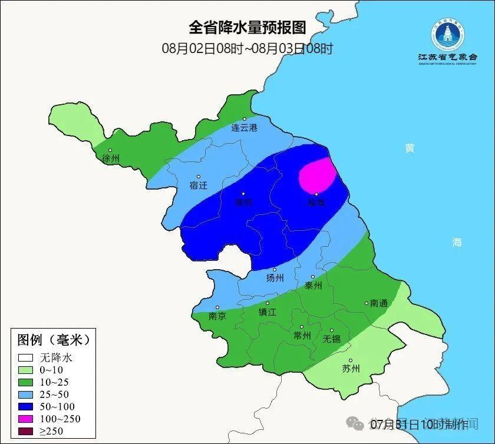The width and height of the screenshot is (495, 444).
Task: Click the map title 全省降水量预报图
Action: click(247, 28)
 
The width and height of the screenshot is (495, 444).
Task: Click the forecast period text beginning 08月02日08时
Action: click(247, 48)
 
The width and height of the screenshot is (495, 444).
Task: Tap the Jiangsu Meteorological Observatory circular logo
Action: click(448, 35)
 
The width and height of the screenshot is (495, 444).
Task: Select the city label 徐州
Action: click(111, 158)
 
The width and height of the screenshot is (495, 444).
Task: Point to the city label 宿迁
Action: click(199, 185)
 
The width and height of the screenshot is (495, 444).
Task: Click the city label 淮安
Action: click(243, 202)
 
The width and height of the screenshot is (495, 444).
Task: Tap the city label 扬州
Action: click(275, 278)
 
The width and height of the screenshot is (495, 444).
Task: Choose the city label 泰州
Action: click(313, 285)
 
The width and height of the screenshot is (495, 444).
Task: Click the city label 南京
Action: click(217, 316)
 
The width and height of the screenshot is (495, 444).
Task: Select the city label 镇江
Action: click(267, 313)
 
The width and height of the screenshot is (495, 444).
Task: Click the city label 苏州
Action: click(351, 369)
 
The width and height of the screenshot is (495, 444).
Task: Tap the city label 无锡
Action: click(332, 339)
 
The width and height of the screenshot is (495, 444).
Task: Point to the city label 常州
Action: click(302, 335)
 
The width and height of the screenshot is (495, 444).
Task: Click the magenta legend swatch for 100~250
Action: click(25, 419)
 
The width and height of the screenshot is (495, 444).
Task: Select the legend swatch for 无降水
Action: click(25, 357)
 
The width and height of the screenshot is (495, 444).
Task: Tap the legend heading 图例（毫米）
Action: click(53, 340)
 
